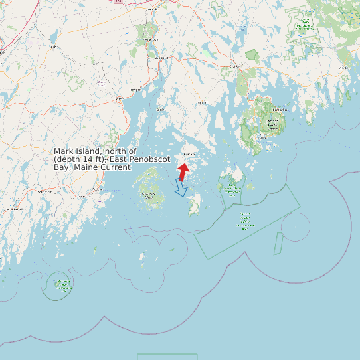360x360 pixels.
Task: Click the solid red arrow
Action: (183, 171)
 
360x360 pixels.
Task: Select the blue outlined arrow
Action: (180, 188)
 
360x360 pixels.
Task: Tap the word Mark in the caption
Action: (63, 152)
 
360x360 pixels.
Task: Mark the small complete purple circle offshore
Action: (295, 227)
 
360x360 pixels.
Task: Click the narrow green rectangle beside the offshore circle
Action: (278, 244)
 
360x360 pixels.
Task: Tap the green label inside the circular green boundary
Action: (64, 285)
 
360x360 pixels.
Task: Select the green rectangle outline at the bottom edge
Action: (167, 357)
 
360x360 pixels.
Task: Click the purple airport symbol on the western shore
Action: (100, 201)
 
